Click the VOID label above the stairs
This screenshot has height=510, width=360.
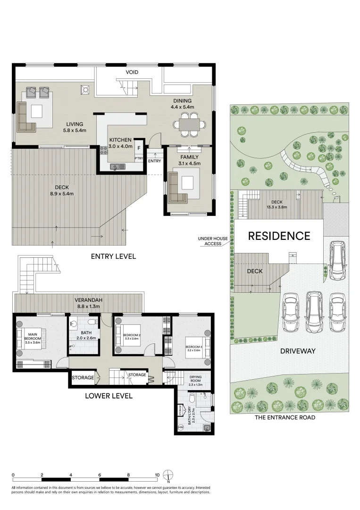pos(132,72)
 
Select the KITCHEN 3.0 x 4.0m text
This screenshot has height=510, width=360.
pos(121,143)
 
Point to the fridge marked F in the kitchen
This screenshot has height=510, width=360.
pos(139,148)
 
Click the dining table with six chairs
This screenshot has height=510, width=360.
pos(189,125)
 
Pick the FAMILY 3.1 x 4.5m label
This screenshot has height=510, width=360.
pos(189,160)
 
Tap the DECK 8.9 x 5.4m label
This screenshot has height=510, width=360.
pos(62,190)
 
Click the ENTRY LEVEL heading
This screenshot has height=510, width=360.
pos(113,256)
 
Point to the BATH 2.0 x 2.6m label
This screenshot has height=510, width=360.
pos(86,335)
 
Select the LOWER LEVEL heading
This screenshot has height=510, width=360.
pos(109,396)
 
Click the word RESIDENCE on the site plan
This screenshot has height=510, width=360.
pos(279,236)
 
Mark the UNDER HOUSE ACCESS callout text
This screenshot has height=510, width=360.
pos(213,241)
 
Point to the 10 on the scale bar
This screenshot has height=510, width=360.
pos(157,475)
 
